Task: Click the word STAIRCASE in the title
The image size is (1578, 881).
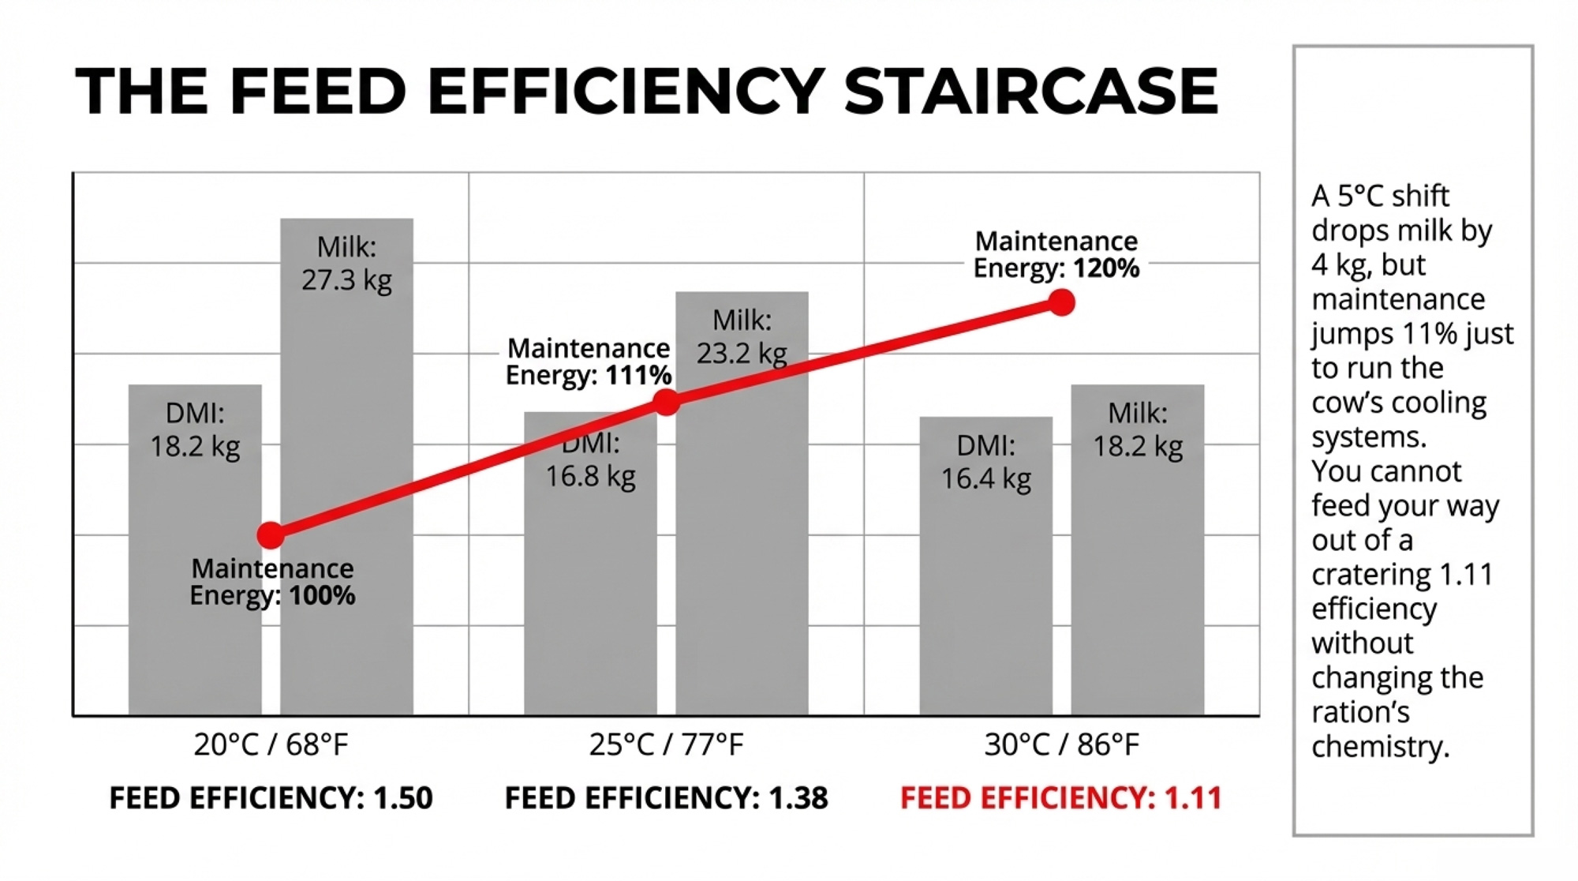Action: tap(1030, 91)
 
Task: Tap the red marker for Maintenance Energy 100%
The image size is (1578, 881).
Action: tap(271, 535)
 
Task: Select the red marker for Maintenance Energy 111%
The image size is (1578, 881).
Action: tap(667, 403)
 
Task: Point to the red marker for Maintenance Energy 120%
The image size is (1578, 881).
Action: tap(1062, 302)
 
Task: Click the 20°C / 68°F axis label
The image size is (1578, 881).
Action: tap(271, 744)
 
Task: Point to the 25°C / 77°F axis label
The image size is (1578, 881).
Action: tap(667, 744)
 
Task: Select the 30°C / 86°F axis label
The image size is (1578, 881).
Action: tap(1062, 744)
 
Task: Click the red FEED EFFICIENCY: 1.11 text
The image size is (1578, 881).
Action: tap(1060, 798)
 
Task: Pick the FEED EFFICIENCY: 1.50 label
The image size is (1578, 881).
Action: tap(271, 798)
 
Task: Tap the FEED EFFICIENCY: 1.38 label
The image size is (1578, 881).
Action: tap(667, 798)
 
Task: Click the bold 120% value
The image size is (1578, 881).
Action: tap(1106, 268)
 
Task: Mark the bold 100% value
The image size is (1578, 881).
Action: tap(322, 595)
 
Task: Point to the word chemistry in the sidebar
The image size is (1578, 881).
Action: tap(1380, 747)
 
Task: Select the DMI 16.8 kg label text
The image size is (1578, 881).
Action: tap(591, 461)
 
